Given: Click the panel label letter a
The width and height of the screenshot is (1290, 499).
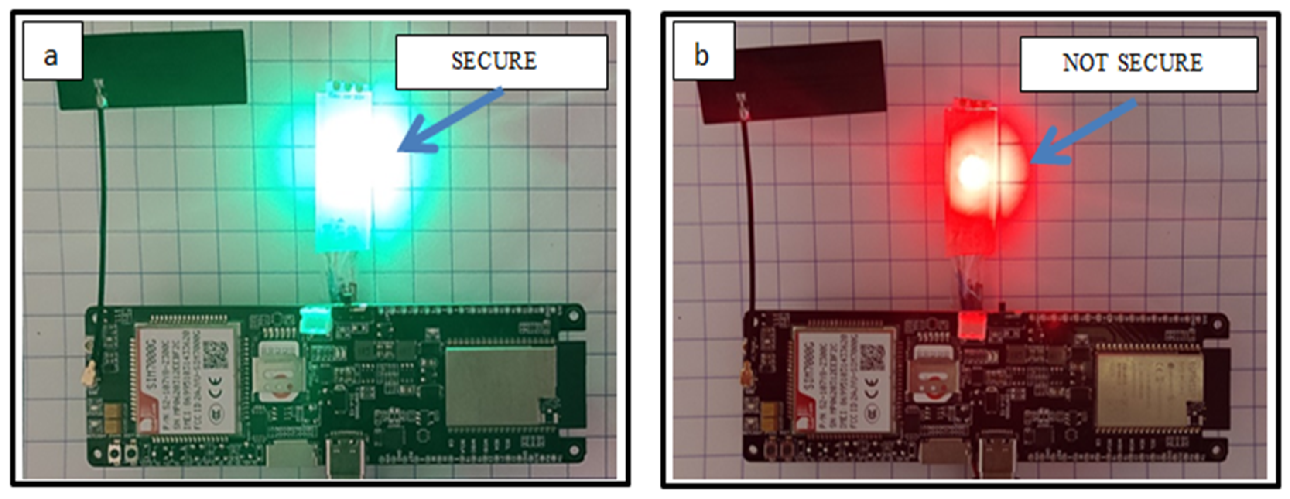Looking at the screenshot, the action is [x=51, y=56].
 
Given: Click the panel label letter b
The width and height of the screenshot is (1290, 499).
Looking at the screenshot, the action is [x=701, y=56].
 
